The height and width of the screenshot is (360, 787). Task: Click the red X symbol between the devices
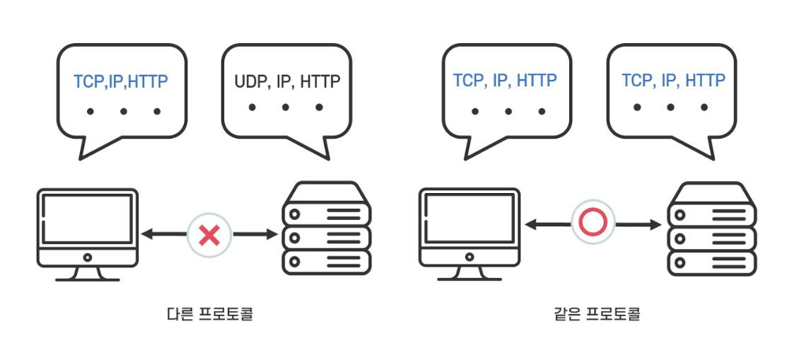(x=210, y=234)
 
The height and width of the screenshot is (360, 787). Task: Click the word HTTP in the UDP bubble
(x=320, y=81)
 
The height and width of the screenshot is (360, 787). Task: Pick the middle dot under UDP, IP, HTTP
(x=286, y=108)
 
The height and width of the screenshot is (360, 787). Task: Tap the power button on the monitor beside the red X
(x=87, y=258)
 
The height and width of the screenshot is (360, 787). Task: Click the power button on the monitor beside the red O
(x=471, y=257)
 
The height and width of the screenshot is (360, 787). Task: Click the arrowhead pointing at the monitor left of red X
(x=146, y=234)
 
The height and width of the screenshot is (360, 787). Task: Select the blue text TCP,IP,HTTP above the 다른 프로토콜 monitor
(x=121, y=81)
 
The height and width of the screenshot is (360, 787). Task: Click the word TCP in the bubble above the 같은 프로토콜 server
(x=636, y=80)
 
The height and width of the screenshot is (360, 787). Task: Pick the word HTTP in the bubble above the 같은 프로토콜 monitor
(x=537, y=80)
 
